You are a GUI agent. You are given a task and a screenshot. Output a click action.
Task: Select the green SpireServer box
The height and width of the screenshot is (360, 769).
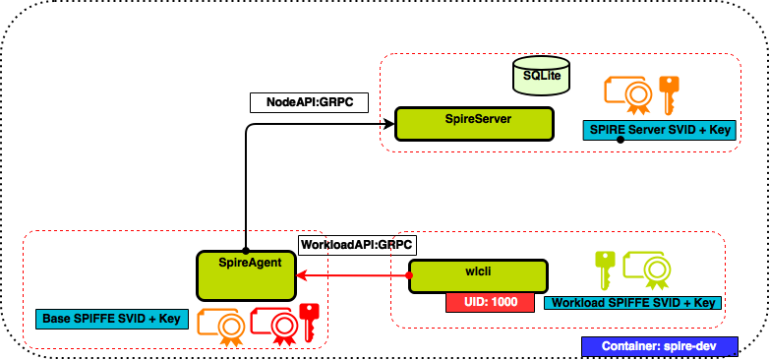pos(474,124)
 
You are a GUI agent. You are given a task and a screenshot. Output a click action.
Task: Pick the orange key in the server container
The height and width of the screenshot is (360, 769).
pos(669,94)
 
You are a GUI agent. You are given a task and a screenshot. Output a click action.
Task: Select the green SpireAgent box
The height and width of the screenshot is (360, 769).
pos(246,275)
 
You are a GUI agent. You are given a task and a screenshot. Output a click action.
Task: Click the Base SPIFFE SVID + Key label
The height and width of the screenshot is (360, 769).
pos(112,319)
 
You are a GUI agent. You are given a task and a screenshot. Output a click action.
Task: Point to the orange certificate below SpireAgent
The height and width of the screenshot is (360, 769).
pos(221,327)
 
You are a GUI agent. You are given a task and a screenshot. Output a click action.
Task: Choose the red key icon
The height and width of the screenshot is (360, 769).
pos(310,321)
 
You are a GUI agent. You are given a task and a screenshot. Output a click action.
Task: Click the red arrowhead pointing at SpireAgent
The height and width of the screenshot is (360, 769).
pos(303,275)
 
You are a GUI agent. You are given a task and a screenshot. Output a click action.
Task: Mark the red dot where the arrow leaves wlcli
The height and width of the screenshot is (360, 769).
pos(409,275)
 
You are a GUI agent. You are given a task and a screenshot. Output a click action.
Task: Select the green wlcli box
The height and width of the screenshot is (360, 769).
pos(478,276)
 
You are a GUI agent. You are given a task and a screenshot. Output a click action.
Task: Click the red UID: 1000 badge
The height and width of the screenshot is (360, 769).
pos(490,302)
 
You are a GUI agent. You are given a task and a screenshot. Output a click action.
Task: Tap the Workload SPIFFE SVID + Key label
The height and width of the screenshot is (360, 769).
pos(632,303)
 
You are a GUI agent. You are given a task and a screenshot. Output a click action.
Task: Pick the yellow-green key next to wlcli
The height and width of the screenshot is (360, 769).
pos(605,269)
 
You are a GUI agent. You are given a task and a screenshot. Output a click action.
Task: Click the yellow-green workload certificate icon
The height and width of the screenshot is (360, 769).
pos(646,270)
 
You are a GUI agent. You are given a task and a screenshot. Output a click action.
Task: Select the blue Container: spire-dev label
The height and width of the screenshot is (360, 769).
pos(659,346)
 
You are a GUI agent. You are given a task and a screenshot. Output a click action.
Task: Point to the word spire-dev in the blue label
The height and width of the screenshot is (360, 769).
pos(686,346)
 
